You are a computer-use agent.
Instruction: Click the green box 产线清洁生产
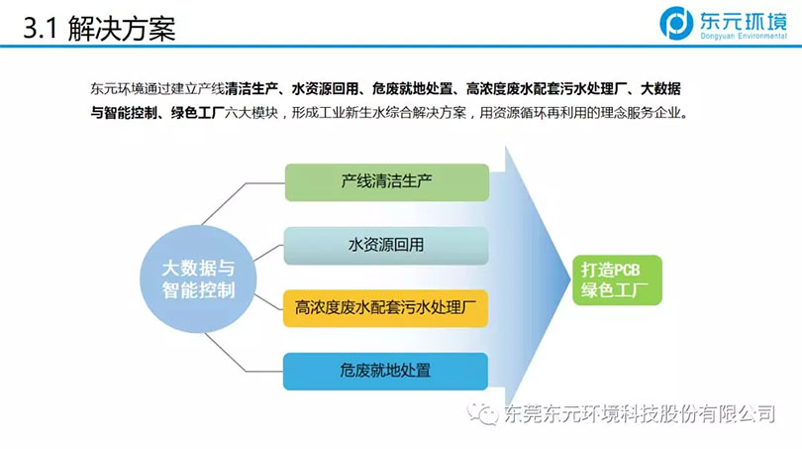tap(387, 182)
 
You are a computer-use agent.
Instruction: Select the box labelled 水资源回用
tap(386, 246)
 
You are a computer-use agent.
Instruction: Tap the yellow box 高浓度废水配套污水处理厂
tap(386, 308)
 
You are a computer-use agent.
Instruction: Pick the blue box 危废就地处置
tap(385, 371)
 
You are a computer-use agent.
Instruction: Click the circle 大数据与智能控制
tap(198, 280)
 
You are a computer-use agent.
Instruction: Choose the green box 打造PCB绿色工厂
tap(617, 281)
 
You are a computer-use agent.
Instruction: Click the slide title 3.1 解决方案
tap(99, 28)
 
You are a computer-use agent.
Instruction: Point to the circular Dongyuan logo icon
tap(676, 23)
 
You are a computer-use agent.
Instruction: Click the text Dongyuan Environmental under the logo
tap(744, 36)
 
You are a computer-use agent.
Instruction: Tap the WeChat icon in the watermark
tap(482, 413)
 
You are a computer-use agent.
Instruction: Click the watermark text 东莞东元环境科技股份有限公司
tap(640, 413)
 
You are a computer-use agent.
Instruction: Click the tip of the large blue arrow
tap(570, 280)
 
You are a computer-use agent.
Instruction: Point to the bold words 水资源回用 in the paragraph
tap(325, 89)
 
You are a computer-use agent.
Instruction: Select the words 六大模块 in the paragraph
tap(251, 113)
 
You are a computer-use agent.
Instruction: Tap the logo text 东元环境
tap(744, 20)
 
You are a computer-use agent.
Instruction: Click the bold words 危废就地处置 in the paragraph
tap(412, 89)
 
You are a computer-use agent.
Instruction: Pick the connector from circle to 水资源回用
tap(268, 253)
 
